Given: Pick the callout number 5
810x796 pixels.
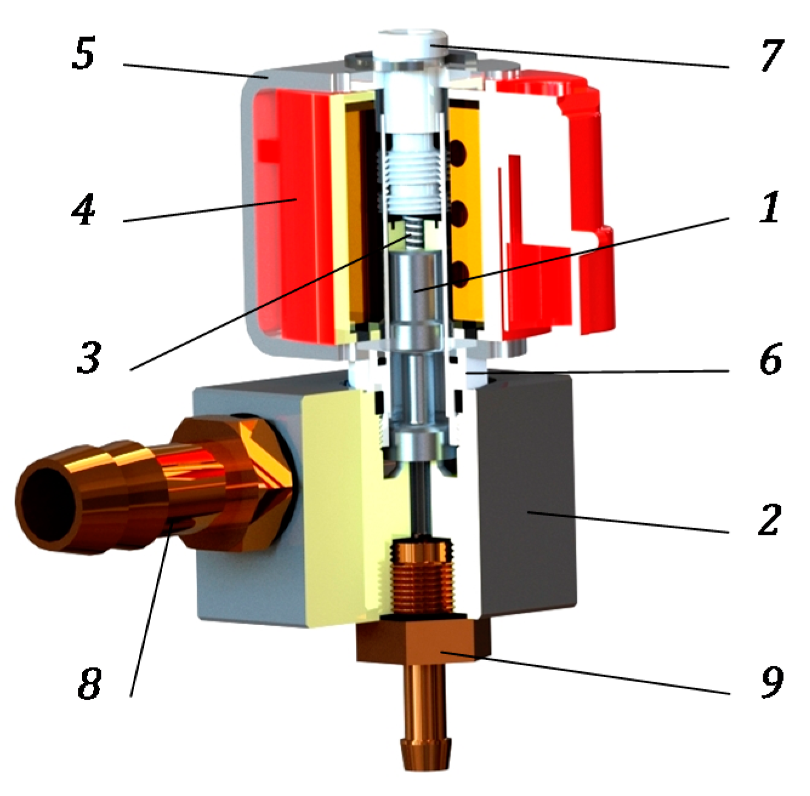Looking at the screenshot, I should coord(84,54).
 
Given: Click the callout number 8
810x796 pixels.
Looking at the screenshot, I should coord(89,684).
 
